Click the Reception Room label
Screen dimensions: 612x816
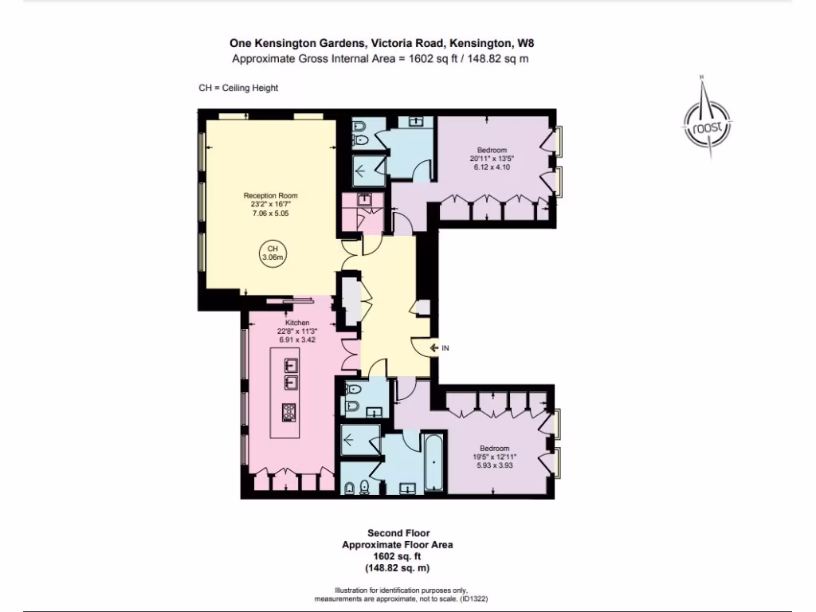click(270, 195)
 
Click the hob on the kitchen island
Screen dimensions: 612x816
click(288, 412)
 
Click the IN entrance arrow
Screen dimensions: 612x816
click(440, 347)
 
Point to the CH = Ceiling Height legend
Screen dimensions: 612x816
click(238, 88)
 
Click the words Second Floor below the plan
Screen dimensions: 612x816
click(398, 532)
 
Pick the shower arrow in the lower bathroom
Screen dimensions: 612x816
click(350, 438)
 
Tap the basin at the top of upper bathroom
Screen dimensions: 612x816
click(415, 122)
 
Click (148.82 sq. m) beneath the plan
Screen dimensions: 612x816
click(398, 568)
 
